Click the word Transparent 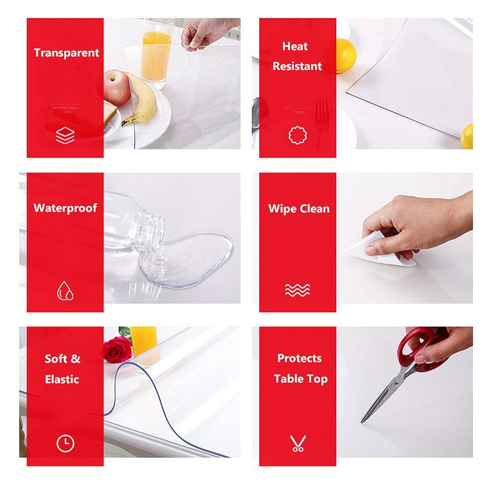coord(66,53)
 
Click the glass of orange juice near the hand coord(156,57)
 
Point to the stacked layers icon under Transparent coord(65,135)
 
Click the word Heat coord(295,47)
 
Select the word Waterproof coord(65,208)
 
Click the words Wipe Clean coord(298,209)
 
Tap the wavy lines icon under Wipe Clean coord(297,290)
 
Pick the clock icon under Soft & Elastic coord(65,443)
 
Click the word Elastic coord(62,380)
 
